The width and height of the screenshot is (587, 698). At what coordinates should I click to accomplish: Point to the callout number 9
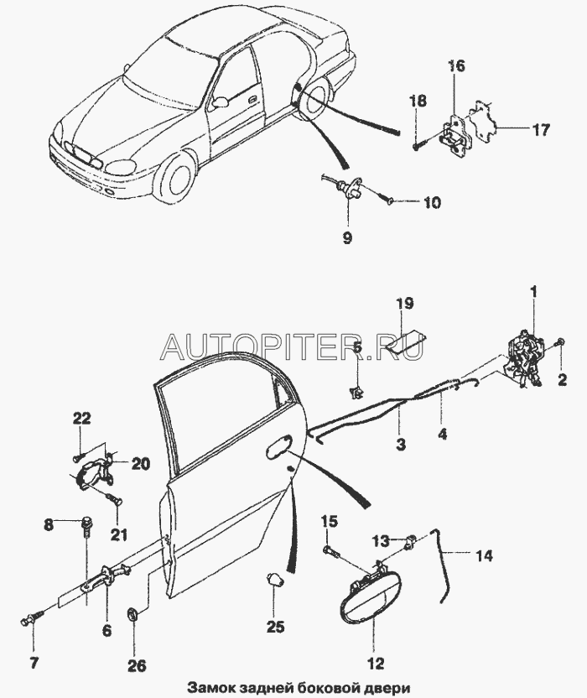point(346,237)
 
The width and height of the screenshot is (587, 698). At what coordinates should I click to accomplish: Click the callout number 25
point(276,627)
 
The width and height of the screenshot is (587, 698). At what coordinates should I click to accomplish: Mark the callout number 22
point(80,419)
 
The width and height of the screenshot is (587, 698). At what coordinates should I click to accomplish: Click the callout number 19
point(404,302)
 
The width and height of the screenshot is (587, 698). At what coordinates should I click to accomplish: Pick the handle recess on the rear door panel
point(280,450)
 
